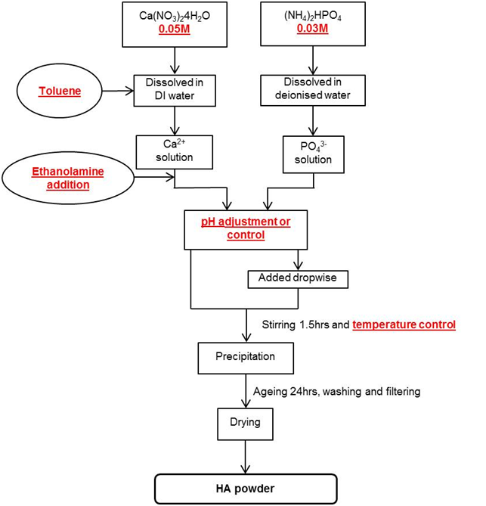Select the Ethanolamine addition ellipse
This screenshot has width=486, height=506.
tap(67, 178)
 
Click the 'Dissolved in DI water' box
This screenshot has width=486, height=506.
tap(175, 91)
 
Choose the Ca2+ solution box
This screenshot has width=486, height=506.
tap(175, 151)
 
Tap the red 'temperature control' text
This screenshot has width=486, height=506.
tap(404, 324)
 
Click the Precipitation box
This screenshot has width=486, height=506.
tap(246, 356)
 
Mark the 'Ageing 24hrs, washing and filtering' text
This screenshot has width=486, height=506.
tap(341, 391)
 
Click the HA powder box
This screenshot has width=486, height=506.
tap(245, 489)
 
